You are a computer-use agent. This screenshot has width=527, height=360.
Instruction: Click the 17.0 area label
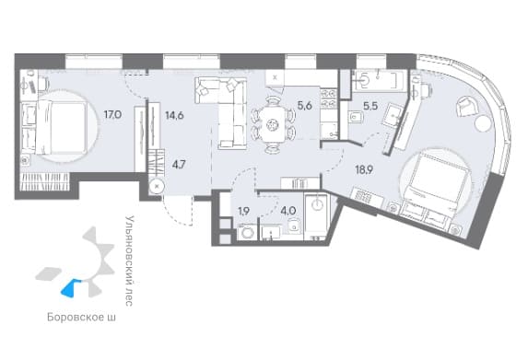coord(112,115)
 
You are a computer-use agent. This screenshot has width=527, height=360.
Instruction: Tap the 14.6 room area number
coord(174,115)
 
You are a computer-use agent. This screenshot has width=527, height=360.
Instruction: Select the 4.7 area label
coord(179,165)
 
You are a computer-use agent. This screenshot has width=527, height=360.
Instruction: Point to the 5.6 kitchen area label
coord(305,106)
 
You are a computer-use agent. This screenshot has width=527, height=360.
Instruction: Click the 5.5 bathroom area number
coord(370,106)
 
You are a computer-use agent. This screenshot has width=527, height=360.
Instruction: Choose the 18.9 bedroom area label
coord(364,170)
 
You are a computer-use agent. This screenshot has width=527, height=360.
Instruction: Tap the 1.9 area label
coord(244,212)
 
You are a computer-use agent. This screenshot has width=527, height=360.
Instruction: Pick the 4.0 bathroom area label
coord(288,211)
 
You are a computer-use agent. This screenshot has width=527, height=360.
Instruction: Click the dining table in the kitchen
coord(272,125)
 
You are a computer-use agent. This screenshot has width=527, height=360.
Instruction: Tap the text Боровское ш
coord(81,317)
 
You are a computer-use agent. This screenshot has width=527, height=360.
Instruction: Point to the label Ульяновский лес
coord(129,261)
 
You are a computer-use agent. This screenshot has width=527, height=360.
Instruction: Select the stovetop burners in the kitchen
coord(328,99)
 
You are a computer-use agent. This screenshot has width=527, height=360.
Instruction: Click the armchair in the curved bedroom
coord(466,106)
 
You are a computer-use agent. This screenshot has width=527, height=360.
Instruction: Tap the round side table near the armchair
coord(483,123)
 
